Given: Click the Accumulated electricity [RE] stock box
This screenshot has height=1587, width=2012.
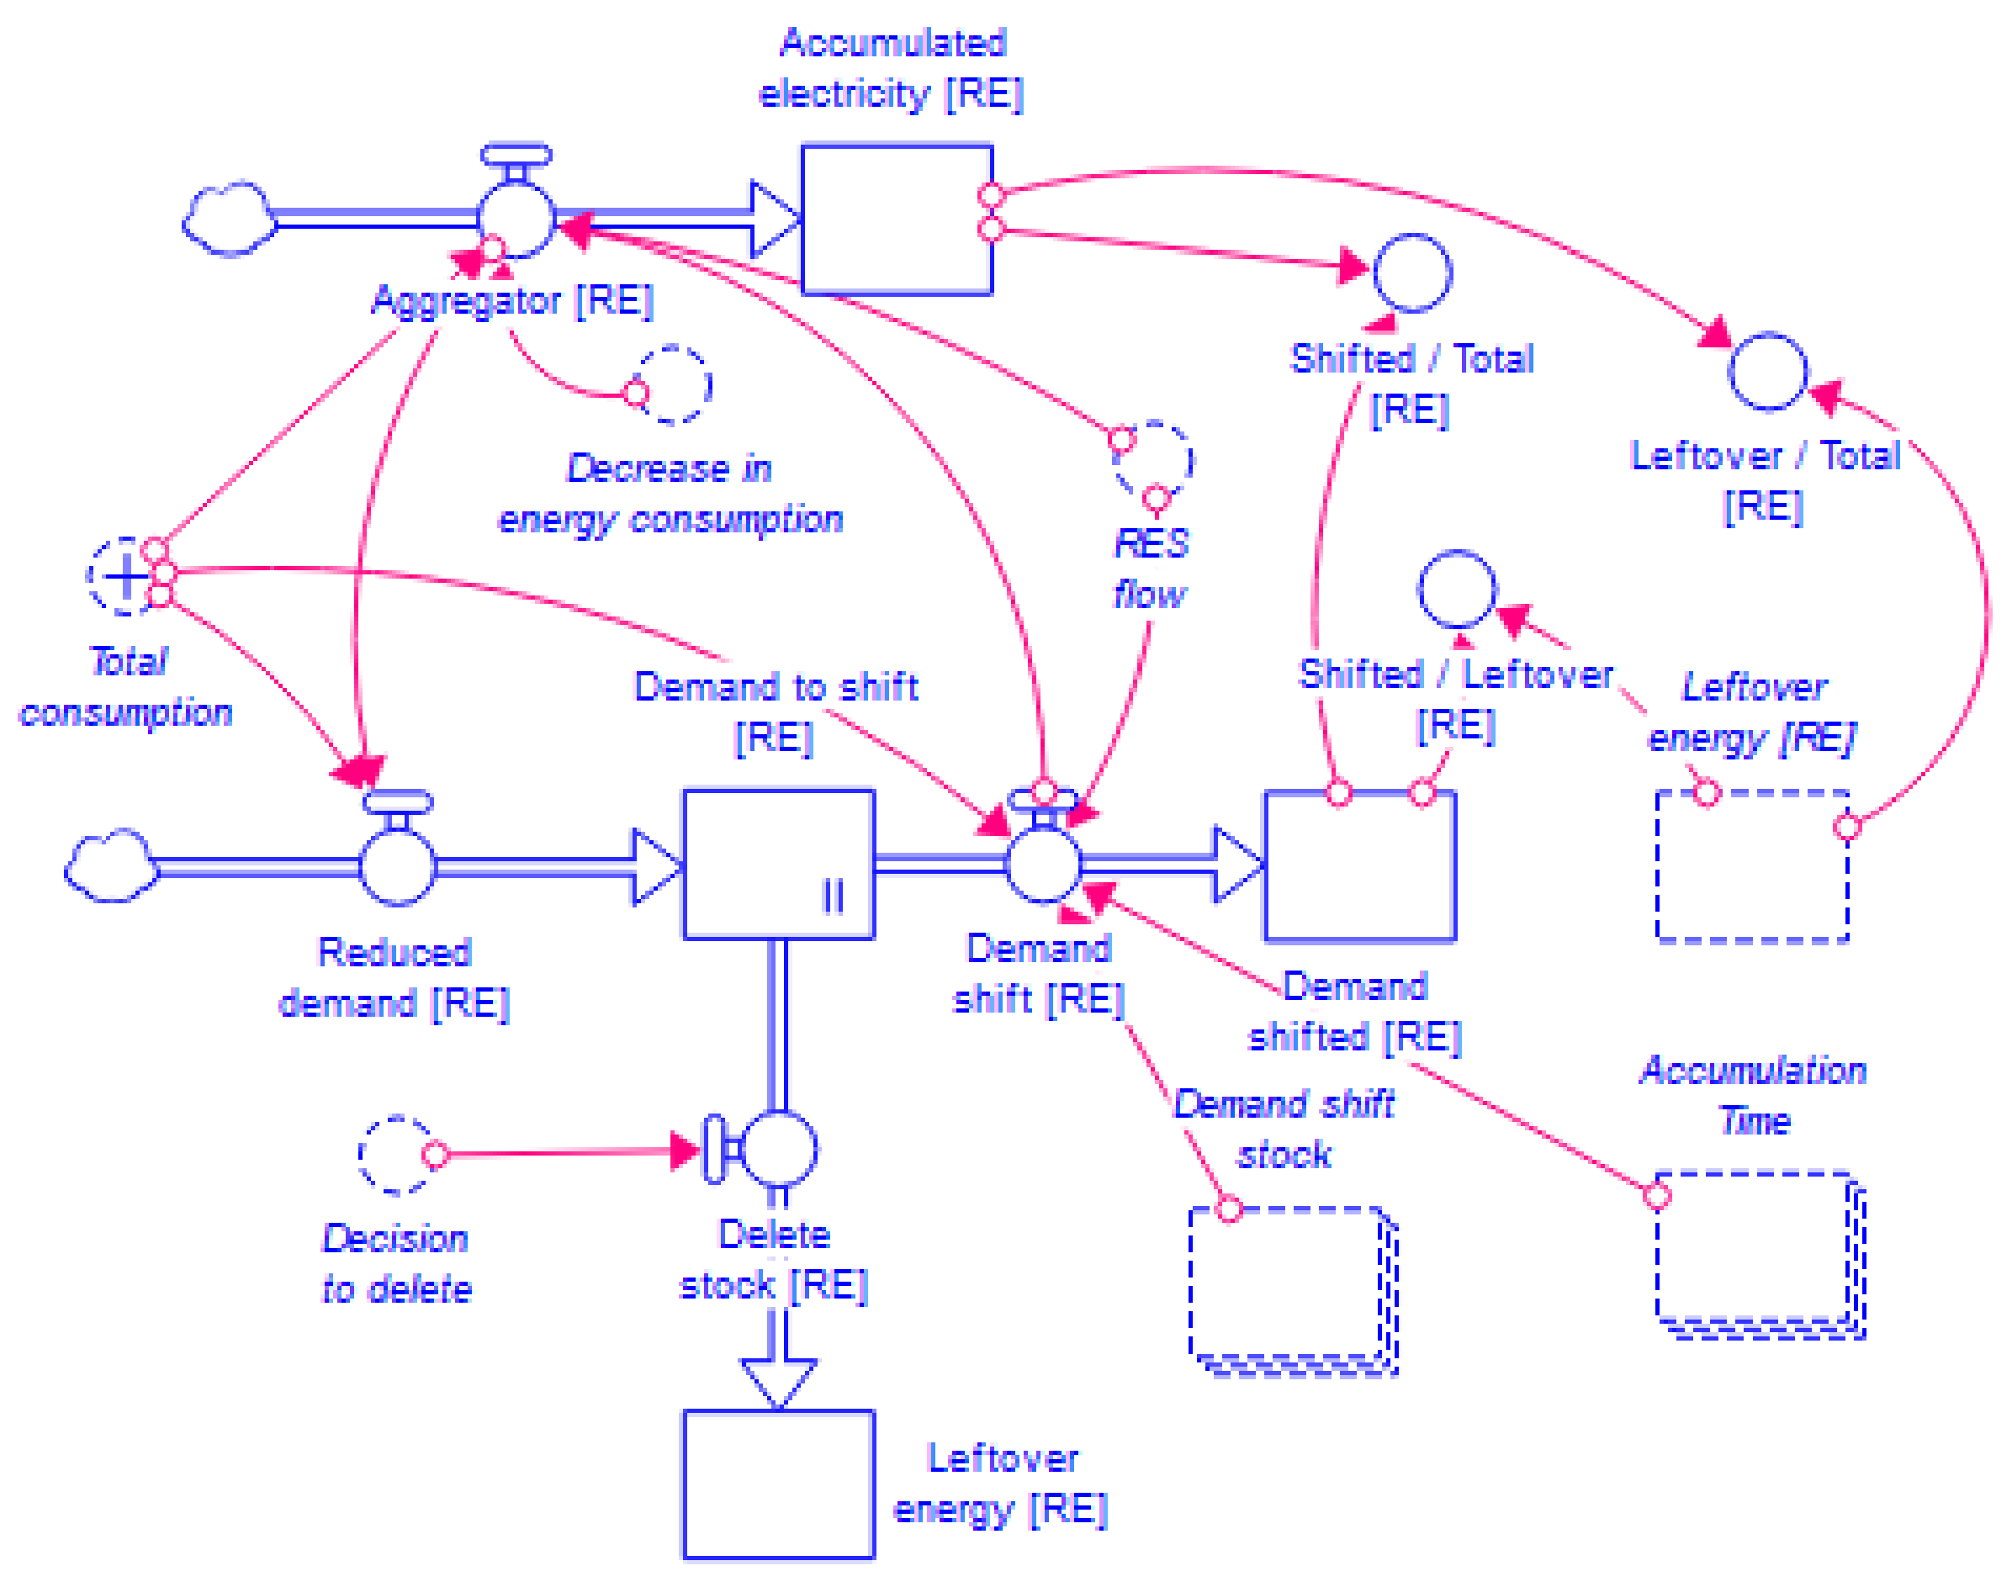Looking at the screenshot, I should pos(896,220).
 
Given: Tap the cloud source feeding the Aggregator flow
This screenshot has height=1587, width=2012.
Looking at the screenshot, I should pos(230,220).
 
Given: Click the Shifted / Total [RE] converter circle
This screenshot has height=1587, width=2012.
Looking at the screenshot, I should pos(1411,272).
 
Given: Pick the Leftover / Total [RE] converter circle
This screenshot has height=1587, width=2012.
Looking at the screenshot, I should pos(1766,371).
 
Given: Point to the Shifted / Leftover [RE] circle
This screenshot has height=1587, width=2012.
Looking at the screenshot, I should pos(1456,589).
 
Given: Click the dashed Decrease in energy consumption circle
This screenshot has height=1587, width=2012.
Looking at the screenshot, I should pos(672,384).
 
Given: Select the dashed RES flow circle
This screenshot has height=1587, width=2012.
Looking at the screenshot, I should pos(1153,460).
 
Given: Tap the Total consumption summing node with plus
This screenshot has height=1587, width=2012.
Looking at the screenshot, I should pos(125,576).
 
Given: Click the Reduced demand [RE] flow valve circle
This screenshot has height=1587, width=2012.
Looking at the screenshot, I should pos(397,867).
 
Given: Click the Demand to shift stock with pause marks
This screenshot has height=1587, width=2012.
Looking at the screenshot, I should pos(778,864).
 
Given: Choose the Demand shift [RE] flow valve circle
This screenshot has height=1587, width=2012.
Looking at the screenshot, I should pos(1043,864).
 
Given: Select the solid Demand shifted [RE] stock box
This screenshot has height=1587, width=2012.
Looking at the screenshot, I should pos(1358,866).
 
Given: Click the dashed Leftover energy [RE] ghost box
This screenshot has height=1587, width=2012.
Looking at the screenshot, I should pos(1752,866).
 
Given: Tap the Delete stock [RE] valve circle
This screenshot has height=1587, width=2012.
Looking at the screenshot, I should pos(778,1151).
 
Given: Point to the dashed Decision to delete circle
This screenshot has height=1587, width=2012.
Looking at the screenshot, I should pos(396,1154).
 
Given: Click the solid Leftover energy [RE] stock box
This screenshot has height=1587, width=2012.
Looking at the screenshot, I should pos(778,1484).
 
